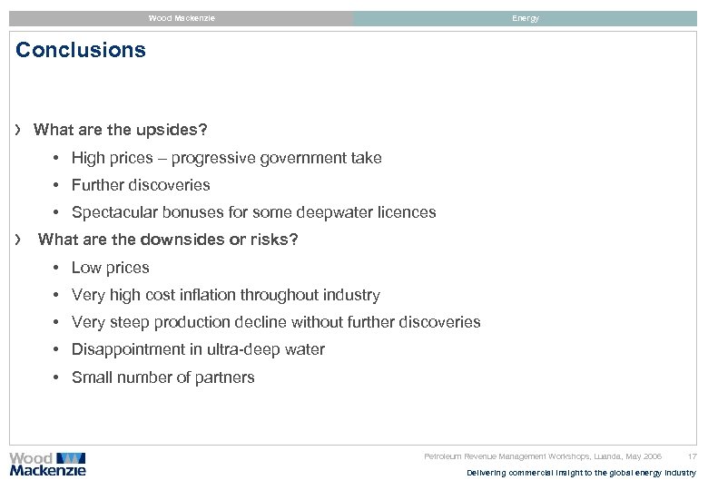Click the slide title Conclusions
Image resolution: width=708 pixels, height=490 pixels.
[81, 50]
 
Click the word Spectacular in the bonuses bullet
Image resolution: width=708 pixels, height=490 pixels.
[113, 212]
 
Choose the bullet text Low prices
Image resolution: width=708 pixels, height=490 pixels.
[110, 268]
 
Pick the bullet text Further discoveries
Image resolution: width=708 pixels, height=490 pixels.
[141, 185]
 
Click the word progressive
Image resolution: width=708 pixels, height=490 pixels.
[214, 158]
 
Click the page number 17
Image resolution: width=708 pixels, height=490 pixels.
[693, 456]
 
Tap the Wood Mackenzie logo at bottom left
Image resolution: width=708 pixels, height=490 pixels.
[47, 464]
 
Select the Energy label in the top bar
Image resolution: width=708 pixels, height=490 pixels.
[525, 18]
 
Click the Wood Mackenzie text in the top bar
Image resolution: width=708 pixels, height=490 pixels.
[182, 18]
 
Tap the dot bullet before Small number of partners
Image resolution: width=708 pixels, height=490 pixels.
[56, 377]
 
